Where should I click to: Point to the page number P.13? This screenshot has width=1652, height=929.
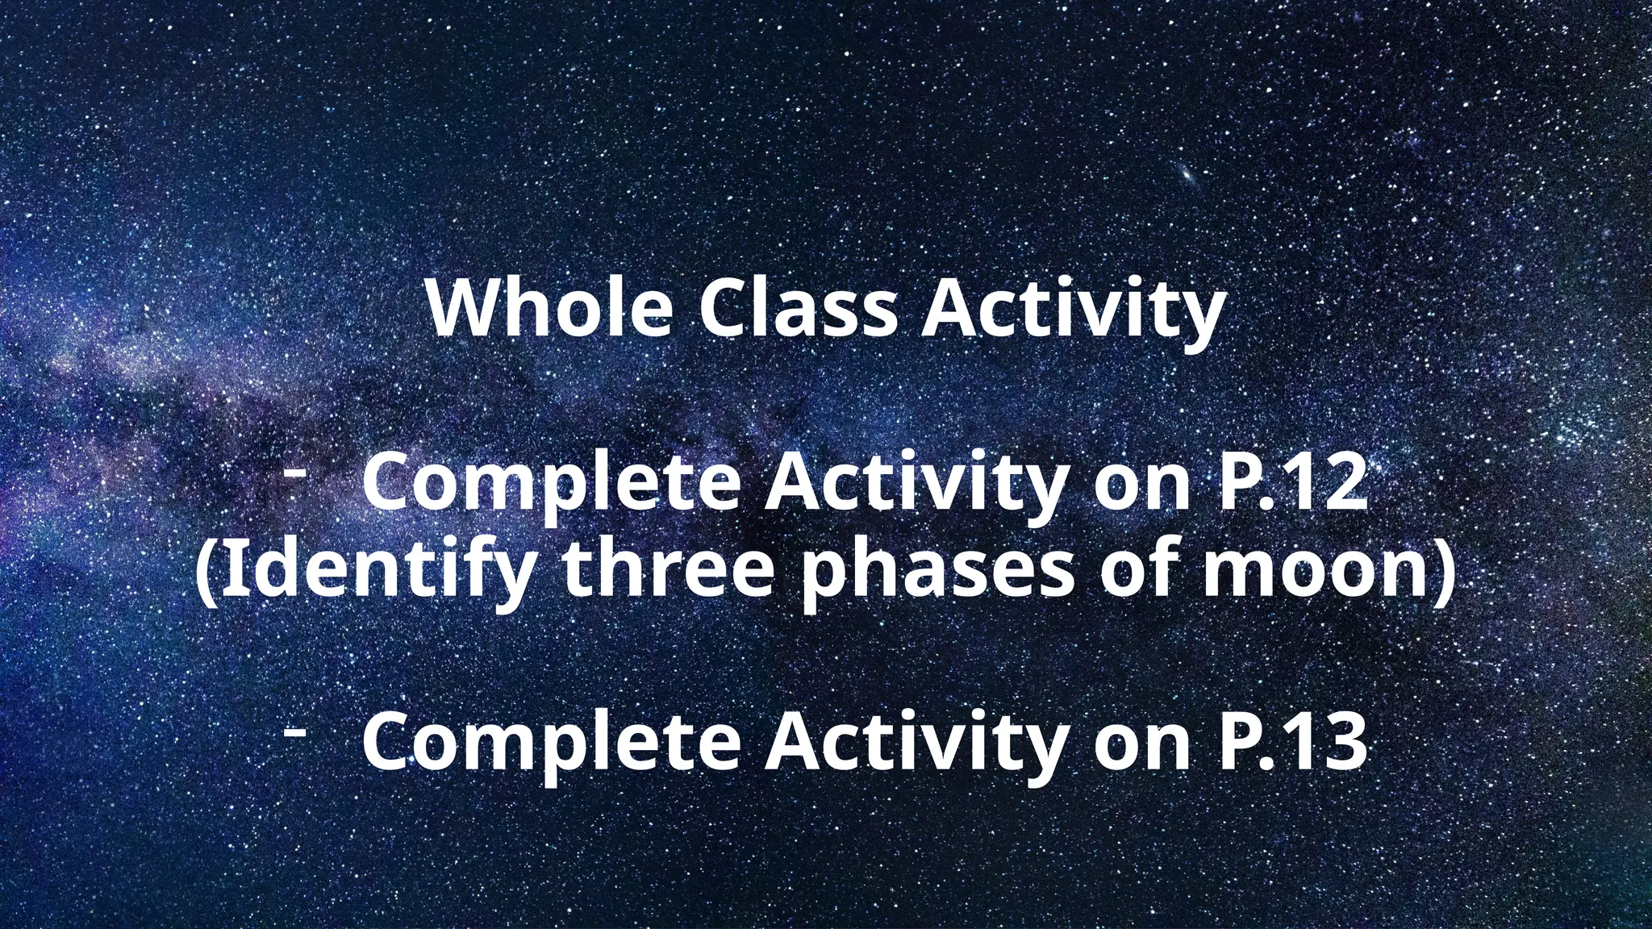[x=1290, y=744]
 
